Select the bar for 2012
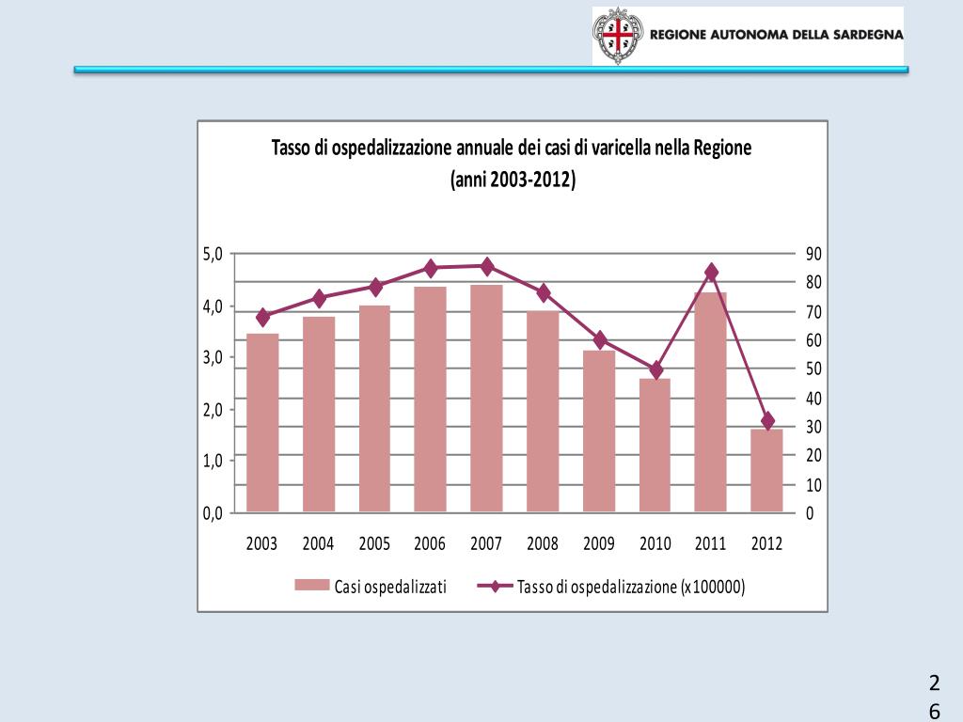tap(766, 470)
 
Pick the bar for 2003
tap(262, 422)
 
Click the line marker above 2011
tap(711, 273)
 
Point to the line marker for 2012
tap(767, 420)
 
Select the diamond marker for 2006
tap(431, 268)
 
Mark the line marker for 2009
tap(599, 340)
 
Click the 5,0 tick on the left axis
tap(213, 254)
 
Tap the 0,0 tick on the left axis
tap(213, 513)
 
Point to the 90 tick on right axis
tap(813, 254)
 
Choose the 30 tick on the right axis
tap(813, 427)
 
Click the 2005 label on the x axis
tap(374, 543)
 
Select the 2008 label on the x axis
tap(543, 543)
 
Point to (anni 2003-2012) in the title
tap(513, 179)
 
